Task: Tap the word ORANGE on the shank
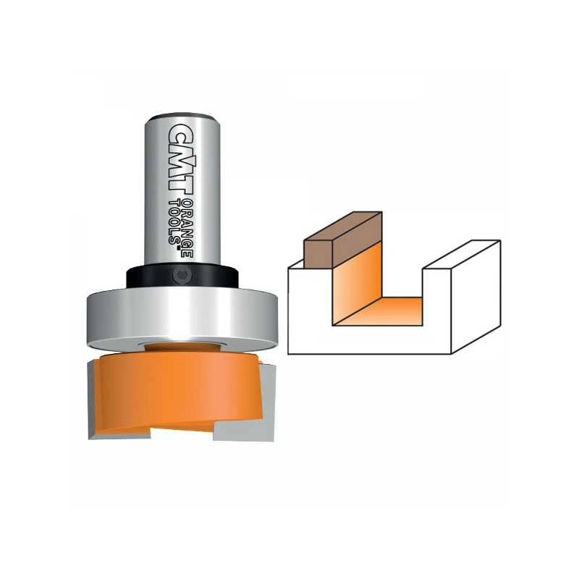pyautogui.click(x=187, y=229)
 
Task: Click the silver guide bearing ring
pyautogui.click(x=182, y=318)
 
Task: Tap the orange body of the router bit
pyautogui.click(x=177, y=392)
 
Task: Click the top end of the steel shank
pyautogui.click(x=182, y=117)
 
